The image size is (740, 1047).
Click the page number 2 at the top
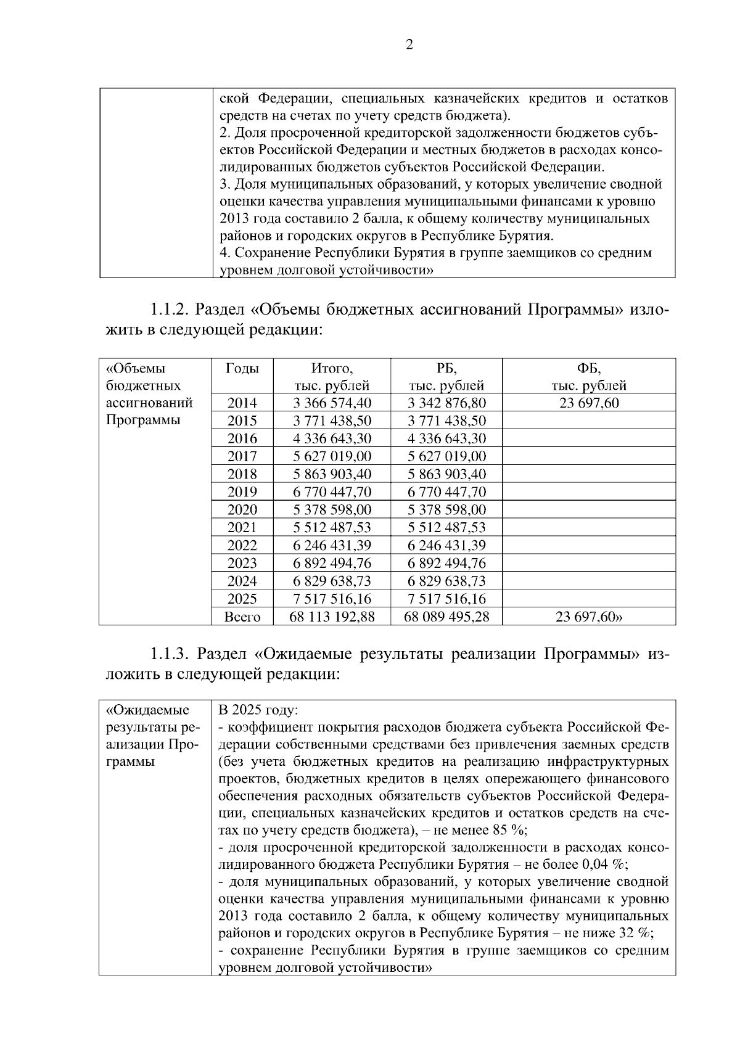click(x=409, y=44)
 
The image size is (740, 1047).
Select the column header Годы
click(x=242, y=369)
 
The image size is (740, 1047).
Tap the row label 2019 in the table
click(x=242, y=492)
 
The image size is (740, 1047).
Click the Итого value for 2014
click(x=332, y=403)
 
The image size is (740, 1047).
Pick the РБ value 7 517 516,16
click(x=446, y=599)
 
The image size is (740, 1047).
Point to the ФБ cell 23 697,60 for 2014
click(x=588, y=403)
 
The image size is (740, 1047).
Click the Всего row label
click(x=242, y=617)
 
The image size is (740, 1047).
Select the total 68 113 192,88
click(x=332, y=617)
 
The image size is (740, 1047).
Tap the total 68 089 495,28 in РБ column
click(x=446, y=617)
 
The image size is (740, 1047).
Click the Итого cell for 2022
click(x=332, y=545)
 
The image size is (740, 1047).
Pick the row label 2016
click(x=242, y=438)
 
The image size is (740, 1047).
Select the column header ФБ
click(x=588, y=369)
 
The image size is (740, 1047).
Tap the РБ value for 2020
click(x=446, y=510)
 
